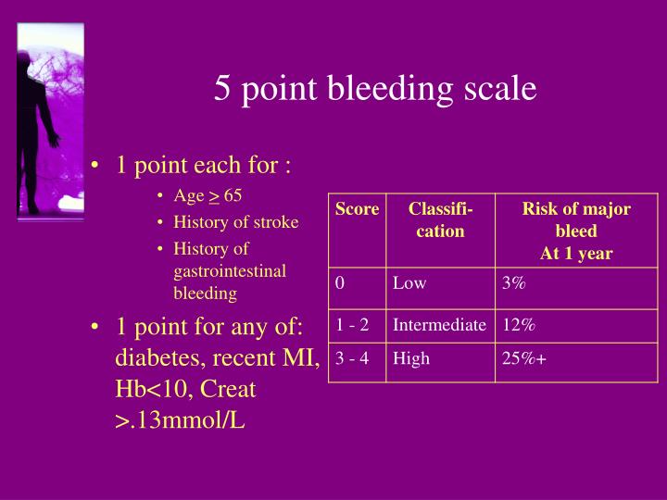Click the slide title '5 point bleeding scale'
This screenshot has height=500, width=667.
coord(375,89)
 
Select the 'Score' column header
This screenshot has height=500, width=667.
coord(357,209)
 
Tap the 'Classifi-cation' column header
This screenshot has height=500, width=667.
coord(440,220)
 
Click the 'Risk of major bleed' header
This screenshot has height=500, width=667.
coord(576,231)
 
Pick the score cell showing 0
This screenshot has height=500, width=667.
coord(341,284)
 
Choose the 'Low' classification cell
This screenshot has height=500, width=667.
coord(409,284)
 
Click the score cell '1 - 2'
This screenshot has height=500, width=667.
coord(353,325)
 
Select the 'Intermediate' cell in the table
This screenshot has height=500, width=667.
coord(439,325)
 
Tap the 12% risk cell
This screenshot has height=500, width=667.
coord(519,325)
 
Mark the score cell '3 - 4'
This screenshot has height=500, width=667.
coord(353,358)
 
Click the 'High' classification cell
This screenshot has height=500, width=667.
coord(411,358)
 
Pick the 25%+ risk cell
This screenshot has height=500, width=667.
coord(524,358)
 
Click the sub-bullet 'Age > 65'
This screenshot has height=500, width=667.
coord(208,196)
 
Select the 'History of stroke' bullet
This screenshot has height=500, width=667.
coord(236,222)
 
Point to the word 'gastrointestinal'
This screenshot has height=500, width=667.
coord(230,271)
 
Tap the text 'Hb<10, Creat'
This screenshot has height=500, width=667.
coord(185,389)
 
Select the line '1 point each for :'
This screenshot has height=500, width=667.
coord(203,166)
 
